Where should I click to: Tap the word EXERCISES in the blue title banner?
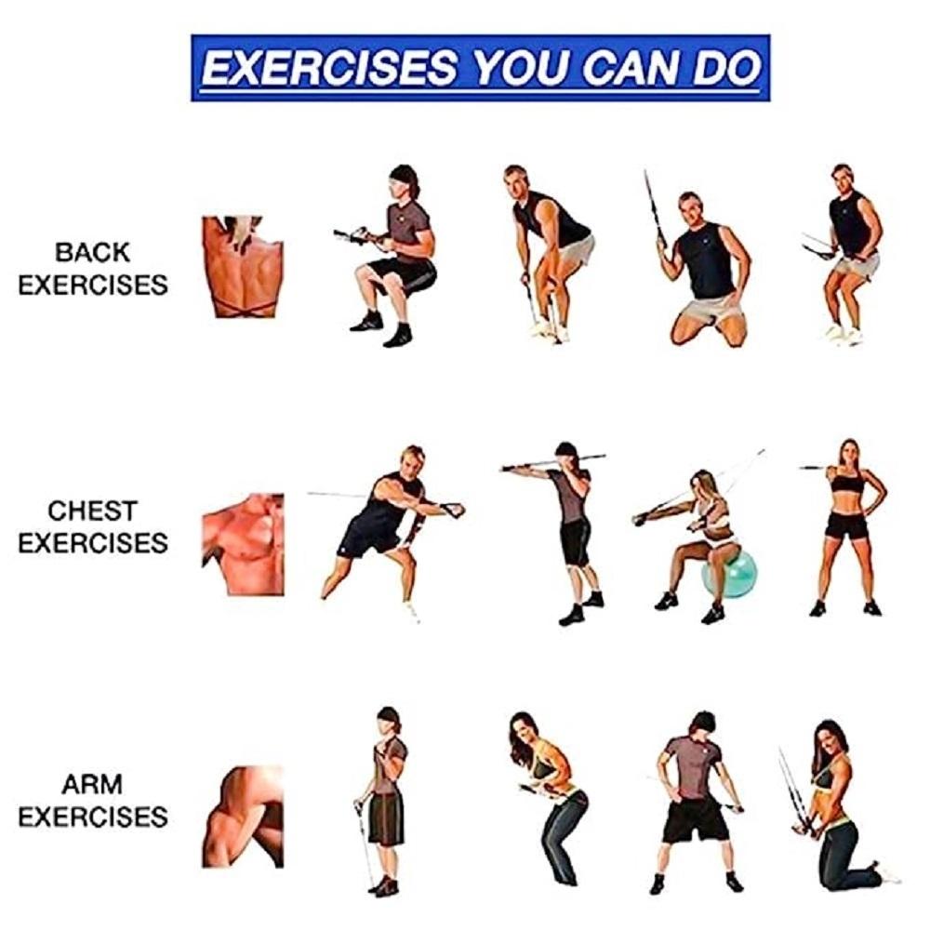coord(329,68)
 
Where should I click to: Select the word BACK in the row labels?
coord(92,253)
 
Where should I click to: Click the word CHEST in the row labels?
coord(92,511)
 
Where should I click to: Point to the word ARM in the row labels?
coord(92,785)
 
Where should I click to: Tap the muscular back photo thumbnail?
coord(243,267)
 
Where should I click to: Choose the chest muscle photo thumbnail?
coord(243,544)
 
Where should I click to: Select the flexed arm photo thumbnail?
coord(243,817)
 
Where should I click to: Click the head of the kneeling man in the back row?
coord(690,206)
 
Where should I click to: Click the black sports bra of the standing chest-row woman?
coord(847,483)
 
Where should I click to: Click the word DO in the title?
coord(727,67)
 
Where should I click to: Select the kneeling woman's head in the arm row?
coord(830,739)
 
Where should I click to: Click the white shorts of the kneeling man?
coord(711,310)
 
